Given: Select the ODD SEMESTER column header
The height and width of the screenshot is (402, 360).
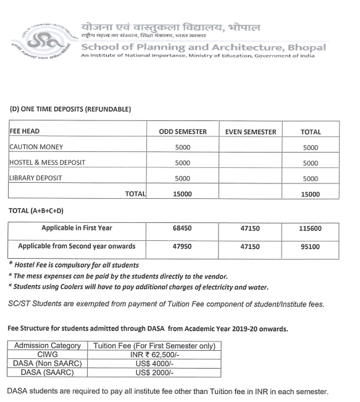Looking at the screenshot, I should click(x=182, y=132).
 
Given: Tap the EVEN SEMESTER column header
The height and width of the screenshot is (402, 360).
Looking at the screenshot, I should click(x=250, y=132).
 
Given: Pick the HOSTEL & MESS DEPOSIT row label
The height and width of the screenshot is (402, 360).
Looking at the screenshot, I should click(x=47, y=163).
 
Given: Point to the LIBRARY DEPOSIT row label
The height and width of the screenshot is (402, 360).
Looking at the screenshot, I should click(x=36, y=178).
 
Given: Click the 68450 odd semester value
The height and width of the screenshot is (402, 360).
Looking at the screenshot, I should click(x=182, y=228).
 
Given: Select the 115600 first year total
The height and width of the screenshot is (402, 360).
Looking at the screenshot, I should click(x=310, y=228).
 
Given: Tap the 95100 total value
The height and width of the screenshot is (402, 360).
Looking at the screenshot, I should click(x=310, y=247).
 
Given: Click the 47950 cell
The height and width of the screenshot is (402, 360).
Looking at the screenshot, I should click(x=182, y=247).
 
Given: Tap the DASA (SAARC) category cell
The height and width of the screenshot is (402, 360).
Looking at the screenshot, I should click(x=48, y=372).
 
